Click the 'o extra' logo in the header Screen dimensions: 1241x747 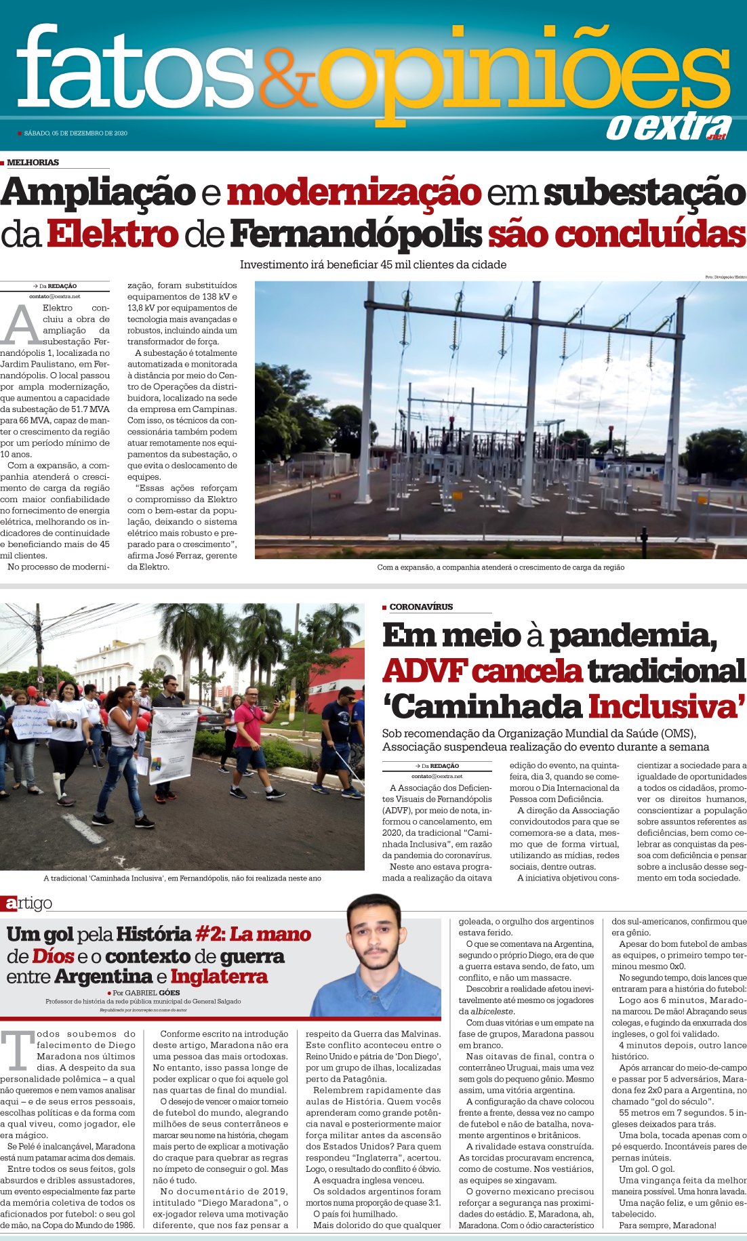[x=668, y=127]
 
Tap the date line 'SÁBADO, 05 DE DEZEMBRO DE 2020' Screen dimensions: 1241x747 [x=75, y=134]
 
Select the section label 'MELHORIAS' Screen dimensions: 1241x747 [x=33, y=163]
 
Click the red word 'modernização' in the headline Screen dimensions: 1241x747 [x=354, y=192]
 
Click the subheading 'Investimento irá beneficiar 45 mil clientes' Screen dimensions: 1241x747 [x=373, y=265]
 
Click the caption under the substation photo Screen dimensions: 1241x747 [x=500, y=567]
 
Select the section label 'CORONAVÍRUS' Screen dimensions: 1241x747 [x=421, y=607]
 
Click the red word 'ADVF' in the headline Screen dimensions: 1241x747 [x=424, y=671]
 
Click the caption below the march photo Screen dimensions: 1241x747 [x=182, y=878]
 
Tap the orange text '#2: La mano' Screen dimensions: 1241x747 [x=253, y=935]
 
